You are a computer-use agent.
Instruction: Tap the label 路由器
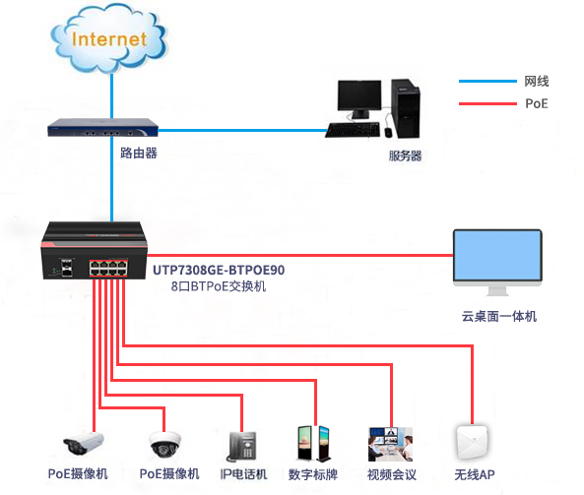(x=138, y=155)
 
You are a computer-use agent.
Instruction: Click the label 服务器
(x=405, y=155)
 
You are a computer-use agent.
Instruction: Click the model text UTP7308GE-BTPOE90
(x=219, y=270)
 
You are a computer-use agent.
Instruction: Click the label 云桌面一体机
(x=499, y=317)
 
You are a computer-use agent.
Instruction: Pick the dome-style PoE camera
(x=164, y=445)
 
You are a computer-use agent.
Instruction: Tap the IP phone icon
(x=242, y=446)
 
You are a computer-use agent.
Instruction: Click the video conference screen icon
(x=390, y=444)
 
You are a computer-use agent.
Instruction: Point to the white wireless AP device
(x=474, y=442)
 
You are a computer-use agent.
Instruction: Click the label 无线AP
(x=475, y=475)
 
